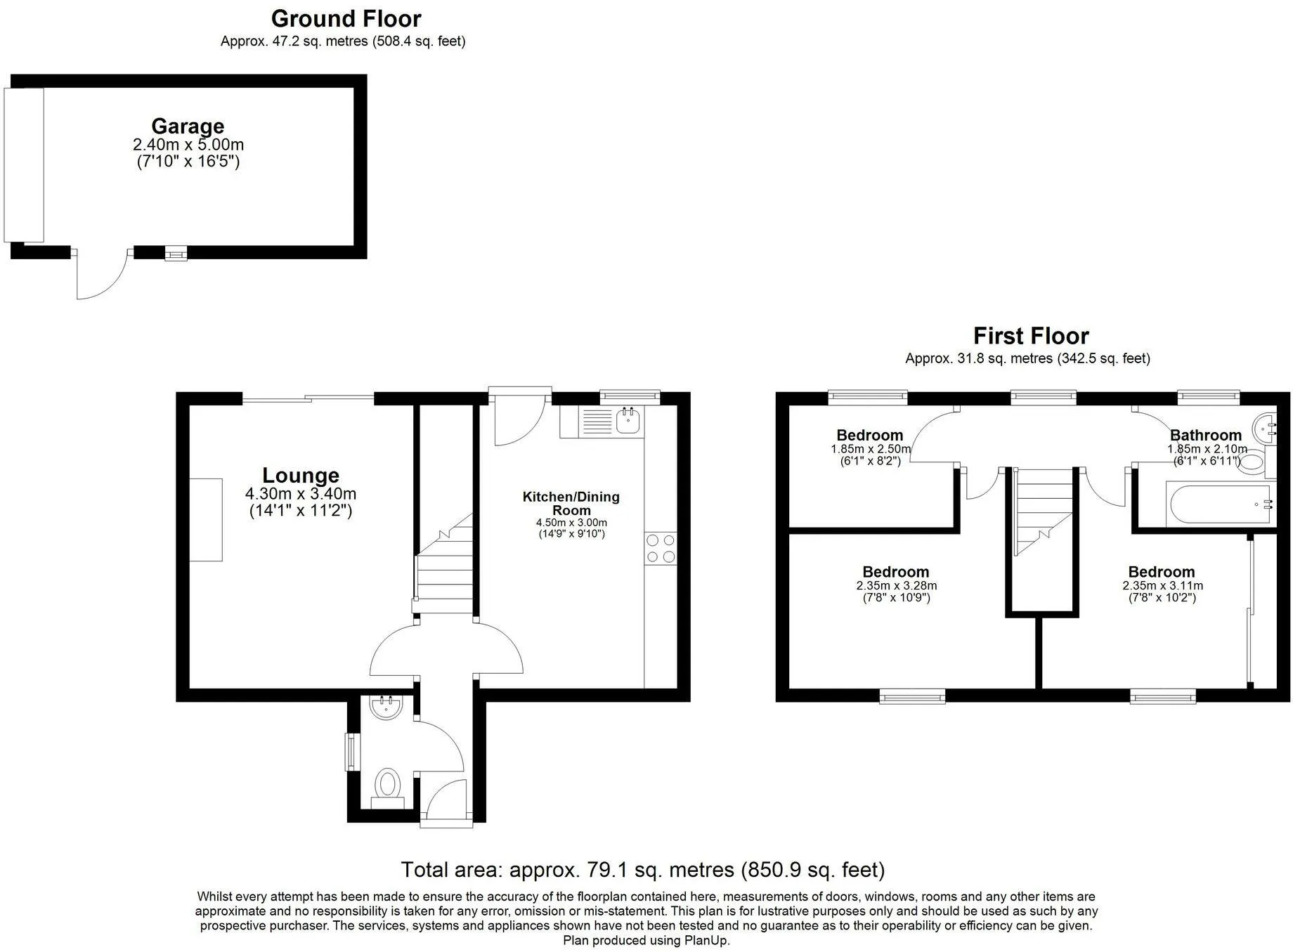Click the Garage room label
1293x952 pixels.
click(188, 126)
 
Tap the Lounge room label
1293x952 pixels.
click(301, 476)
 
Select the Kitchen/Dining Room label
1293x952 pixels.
click(571, 503)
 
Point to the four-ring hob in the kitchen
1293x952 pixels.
click(661, 549)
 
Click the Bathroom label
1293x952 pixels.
click(1206, 435)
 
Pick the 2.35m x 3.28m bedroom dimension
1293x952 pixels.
click(897, 586)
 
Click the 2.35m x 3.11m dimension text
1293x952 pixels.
click(1162, 586)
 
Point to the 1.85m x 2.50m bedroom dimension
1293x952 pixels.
click(871, 449)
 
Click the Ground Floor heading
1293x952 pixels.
click(346, 18)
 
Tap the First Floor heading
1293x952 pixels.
click(1031, 336)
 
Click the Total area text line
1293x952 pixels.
click(642, 870)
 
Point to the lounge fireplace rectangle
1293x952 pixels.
click(206, 520)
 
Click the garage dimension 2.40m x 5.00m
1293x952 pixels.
click(188, 145)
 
